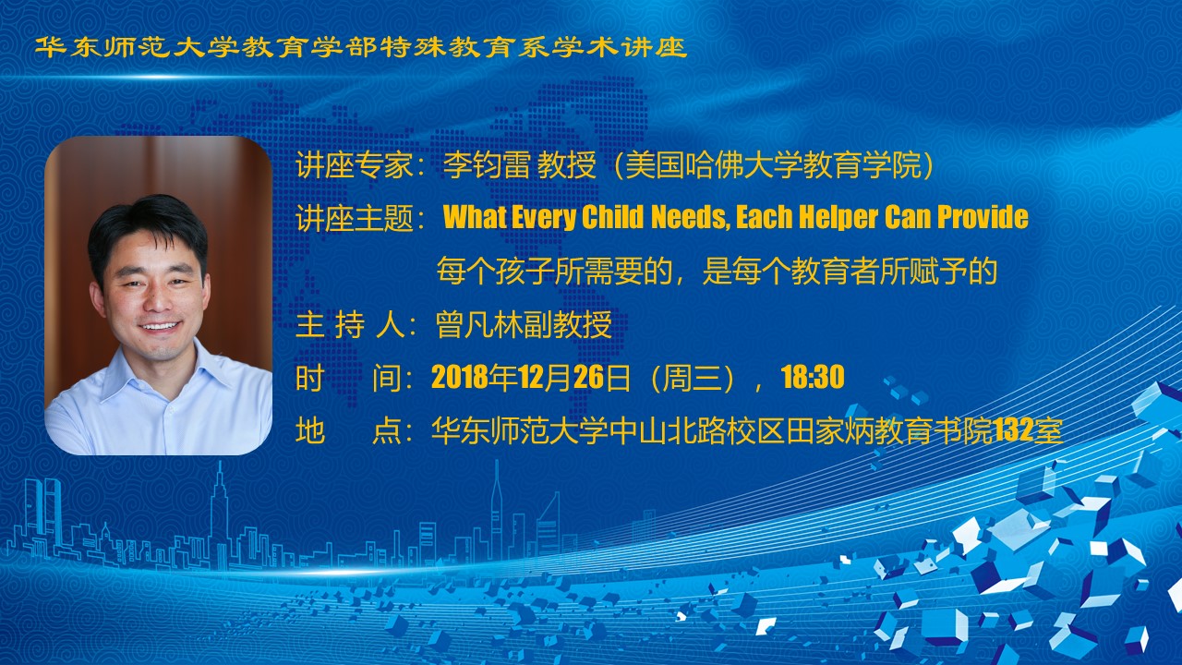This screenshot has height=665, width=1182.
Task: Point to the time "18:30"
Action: [813, 377]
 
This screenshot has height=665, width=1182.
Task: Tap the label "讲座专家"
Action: [354, 165]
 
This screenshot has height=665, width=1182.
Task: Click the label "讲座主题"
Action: [354, 217]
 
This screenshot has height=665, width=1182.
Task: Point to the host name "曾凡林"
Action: [479, 324]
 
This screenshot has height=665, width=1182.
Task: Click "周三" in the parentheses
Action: [692, 378]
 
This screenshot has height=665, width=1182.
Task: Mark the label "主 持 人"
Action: [351, 324]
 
